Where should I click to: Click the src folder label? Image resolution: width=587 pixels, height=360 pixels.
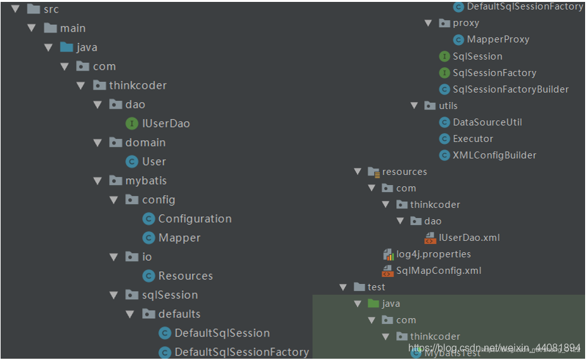click(51, 10)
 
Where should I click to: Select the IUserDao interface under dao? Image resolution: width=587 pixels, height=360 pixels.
click(166, 124)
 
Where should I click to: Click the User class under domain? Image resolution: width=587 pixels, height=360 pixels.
click(154, 162)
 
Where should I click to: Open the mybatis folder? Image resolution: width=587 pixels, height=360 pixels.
click(146, 181)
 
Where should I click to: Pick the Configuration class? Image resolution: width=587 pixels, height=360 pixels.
click(195, 219)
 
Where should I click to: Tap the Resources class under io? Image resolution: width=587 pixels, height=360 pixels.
click(185, 276)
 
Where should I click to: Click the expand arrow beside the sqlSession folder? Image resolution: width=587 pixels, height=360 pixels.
click(114, 295)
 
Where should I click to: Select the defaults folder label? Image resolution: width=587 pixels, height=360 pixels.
click(179, 314)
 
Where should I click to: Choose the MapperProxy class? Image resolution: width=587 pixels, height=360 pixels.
click(498, 39)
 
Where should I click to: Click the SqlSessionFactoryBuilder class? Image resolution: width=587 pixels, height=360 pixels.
click(510, 89)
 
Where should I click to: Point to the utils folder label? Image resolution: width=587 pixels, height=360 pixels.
click(448, 106)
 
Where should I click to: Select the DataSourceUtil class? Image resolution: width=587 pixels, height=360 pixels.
click(487, 122)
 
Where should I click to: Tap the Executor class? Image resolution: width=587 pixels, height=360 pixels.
click(472, 139)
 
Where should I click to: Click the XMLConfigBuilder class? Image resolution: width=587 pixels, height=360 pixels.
click(494, 155)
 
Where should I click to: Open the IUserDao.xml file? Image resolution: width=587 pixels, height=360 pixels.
click(468, 238)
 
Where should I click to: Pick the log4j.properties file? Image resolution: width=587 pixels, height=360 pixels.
click(434, 254)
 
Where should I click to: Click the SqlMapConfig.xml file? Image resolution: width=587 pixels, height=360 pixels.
click(438, 271)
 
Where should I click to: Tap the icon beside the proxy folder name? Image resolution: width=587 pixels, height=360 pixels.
click(444, 23)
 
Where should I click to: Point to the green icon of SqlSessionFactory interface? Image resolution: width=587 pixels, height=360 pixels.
click(444, 73)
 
